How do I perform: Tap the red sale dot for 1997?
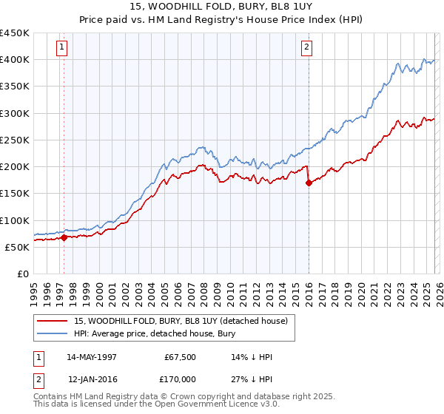click(64, 237)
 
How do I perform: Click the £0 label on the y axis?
click(23, 274)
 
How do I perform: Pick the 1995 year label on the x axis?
click(35, 291)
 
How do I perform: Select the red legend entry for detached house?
click(185, 321)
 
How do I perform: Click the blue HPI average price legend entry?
click(154, 334)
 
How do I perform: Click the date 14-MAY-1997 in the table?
click(92, 357)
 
